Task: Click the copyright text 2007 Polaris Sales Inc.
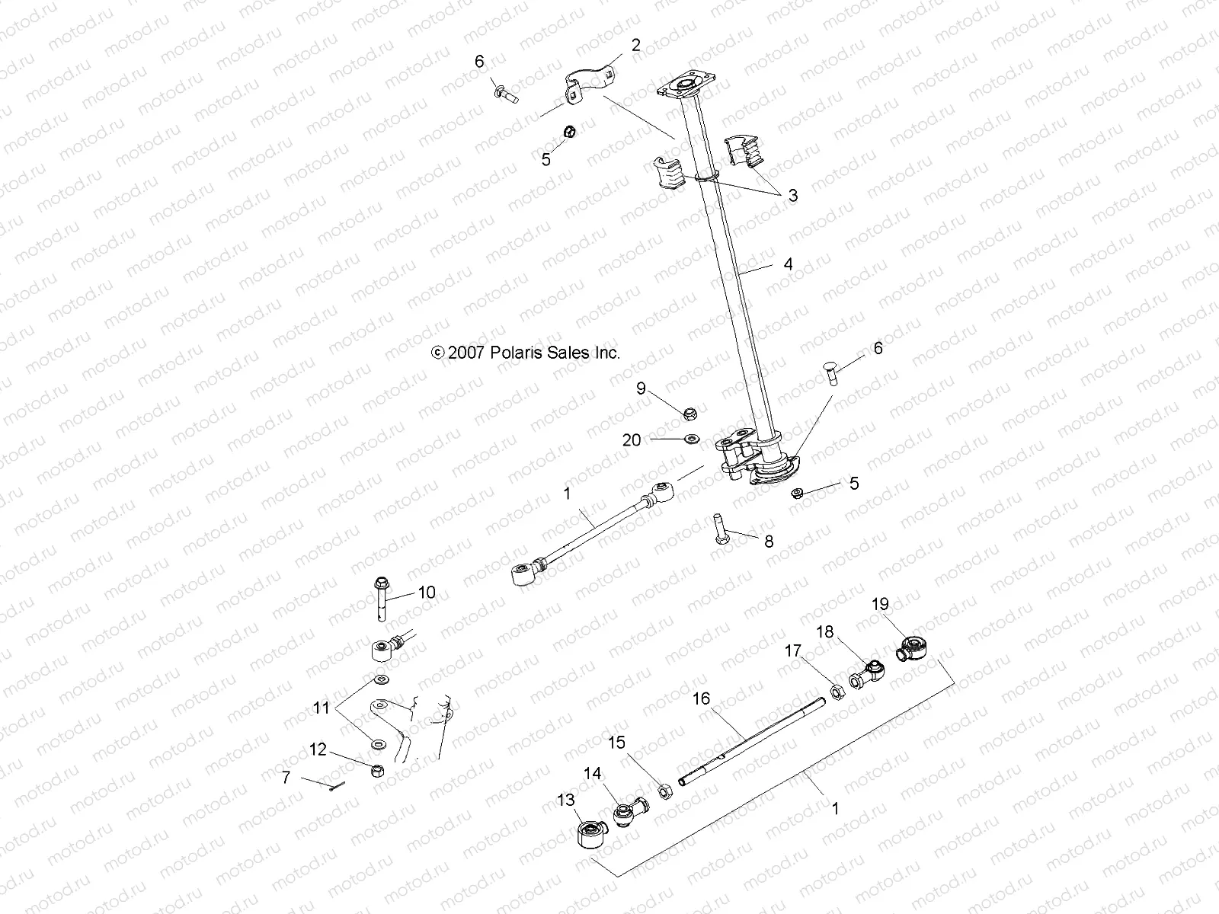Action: point(526,353)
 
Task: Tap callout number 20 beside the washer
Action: point(632,439)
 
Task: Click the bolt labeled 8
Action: point(721,527)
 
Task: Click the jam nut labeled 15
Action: point(664,792)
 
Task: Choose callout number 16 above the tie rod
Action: point(701,698)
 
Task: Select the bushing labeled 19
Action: point(912,648)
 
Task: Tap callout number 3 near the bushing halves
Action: point(792,195)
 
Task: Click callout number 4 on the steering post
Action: point(788,264)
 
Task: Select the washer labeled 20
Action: point(693,439)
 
